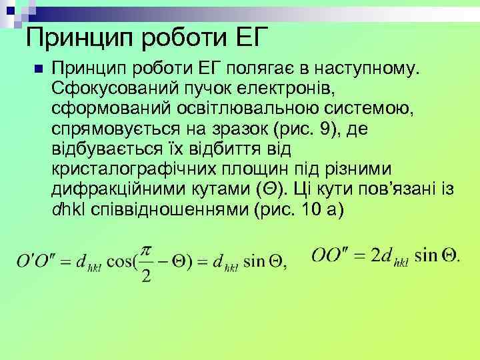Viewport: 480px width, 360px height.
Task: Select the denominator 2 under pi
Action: click(147, 275)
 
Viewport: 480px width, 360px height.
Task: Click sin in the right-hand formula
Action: click(427, 255)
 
